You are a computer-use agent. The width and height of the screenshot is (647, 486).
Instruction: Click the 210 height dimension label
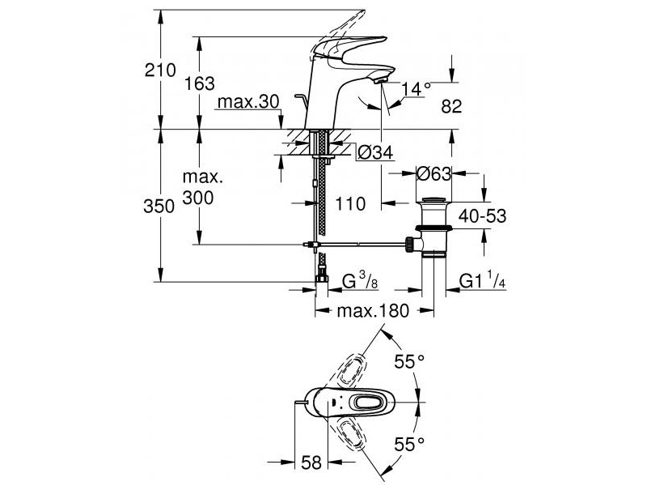tap(160, 70)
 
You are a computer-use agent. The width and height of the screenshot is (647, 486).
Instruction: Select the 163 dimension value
tap(199, 84)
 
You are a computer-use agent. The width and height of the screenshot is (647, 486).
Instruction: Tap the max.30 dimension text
tap(248, 102)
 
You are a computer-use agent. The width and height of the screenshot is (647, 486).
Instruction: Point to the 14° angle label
tap(416, 89)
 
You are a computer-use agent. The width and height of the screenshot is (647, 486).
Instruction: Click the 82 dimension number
tap(451, 107)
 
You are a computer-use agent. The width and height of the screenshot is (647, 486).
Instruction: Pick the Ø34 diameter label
tap(375, 153)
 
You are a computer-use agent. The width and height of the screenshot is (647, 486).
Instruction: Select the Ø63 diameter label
tap(433, 174)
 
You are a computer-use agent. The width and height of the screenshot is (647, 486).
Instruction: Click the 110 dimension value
tap(350, 204)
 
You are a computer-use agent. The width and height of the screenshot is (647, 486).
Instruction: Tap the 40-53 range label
tap(482, 215)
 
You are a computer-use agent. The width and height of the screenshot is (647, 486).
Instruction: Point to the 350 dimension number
tap(159, 207)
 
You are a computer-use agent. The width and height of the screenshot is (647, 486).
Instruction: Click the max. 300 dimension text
tap(203, 187)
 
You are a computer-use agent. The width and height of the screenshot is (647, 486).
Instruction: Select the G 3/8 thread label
tap(360, 281)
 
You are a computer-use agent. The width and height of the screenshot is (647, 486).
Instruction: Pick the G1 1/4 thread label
tap(482, 281)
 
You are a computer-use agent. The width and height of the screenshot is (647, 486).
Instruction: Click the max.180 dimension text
tap(373, 311)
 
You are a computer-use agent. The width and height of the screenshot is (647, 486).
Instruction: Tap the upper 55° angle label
tap(409, 361)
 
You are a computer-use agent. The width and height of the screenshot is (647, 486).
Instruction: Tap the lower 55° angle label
tap(409, 445)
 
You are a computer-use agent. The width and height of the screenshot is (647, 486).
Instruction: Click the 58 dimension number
tap(311, 463)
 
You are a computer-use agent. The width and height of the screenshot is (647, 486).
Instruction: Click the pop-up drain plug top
tap(433, 200)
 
